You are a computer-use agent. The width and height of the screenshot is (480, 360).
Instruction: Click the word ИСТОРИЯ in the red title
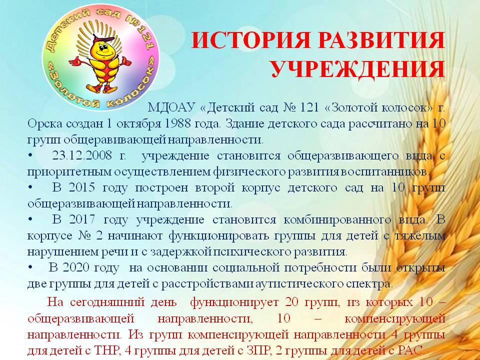[250, 40]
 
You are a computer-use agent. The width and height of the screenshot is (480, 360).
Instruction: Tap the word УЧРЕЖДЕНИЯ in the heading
[358, 69]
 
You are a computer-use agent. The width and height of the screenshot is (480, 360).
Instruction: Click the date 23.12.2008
[81, 155]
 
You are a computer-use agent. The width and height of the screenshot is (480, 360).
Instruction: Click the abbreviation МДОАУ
[171, 107]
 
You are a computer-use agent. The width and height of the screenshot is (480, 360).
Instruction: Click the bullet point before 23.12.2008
[30, 156]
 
